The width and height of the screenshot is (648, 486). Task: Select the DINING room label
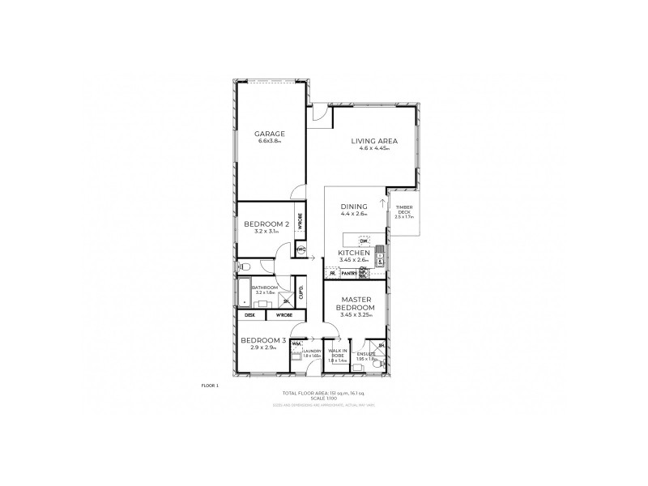[x=354, y=207]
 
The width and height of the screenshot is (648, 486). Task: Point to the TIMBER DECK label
[x=403, y=209]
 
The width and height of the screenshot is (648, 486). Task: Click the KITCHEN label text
[x=353, y=254]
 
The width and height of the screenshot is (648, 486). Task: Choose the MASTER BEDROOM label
[x=356, y=304]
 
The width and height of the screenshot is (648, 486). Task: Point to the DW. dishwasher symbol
[x=364, y=241]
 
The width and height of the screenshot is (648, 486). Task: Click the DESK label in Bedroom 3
[x=250, y=314]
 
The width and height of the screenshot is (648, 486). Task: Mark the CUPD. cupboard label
[x=301, y=292]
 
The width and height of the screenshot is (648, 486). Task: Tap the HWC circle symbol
[x=301, y=249]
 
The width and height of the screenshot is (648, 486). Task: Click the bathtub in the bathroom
[x=245, y=294]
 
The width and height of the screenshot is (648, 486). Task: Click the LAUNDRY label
[x=312, y=351]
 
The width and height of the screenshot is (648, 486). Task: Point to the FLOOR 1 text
[x=209, y=386]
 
